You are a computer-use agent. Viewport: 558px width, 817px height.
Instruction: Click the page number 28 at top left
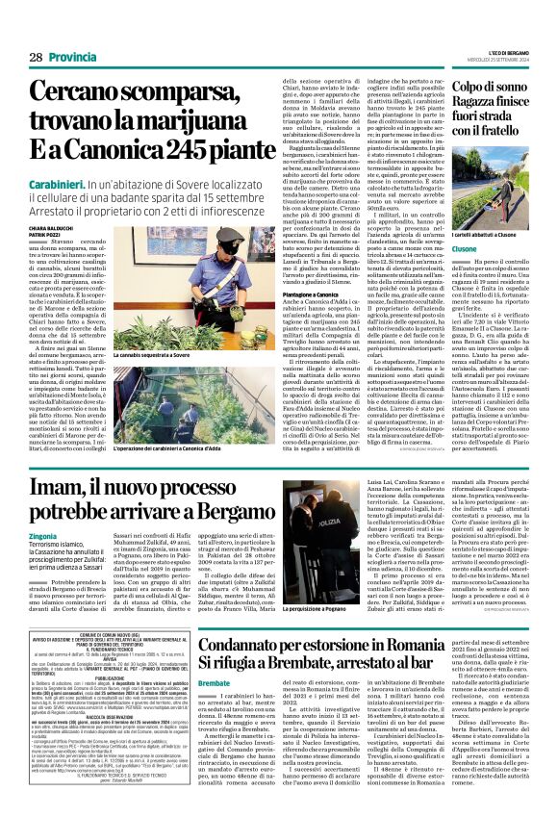[x=34, y=58]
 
